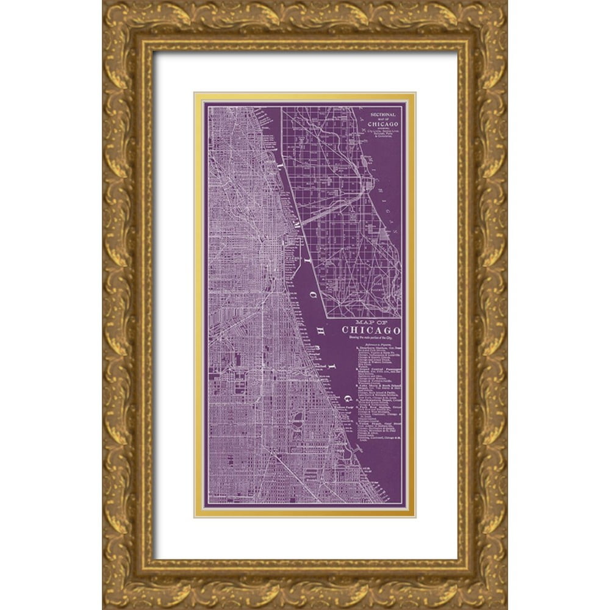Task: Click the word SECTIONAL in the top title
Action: tap(382, 114)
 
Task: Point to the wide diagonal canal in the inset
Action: tap(329, 208)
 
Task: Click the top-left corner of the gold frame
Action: tap(103, 2)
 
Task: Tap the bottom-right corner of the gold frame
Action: tap(506, 608)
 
